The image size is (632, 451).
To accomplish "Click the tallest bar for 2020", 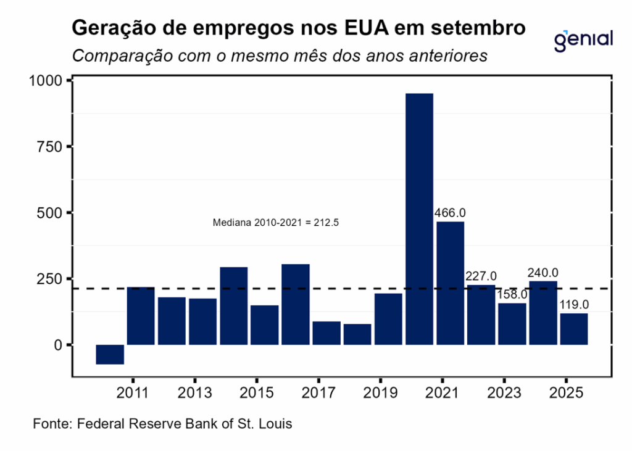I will click(x=419, y=219).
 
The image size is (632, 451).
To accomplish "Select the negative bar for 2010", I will click(x=110, y=354).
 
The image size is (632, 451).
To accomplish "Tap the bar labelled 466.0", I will click(x=450, y=283).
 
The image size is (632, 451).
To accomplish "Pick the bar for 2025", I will click(x=574, y=329).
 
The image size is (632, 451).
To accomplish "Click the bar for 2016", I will click(x=295, y=304).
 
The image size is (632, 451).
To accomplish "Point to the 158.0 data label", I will click(x=513, y=295).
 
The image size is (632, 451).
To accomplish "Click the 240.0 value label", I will click(x=543, y=273).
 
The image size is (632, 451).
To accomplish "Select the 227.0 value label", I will click(x=481, y=276).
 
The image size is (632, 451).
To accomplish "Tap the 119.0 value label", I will click(x=574, y=305).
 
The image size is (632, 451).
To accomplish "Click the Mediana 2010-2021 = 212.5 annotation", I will click(x=276, y=223).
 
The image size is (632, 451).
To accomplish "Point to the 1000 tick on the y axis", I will click(x=46, y=80).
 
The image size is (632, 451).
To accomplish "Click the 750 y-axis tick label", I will click(x=51, y=146).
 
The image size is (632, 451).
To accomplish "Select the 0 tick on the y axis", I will click(x=59, y=345).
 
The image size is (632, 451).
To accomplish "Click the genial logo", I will click(x=583, y=39).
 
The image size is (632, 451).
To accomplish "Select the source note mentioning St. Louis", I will click(x=162, y=424).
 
